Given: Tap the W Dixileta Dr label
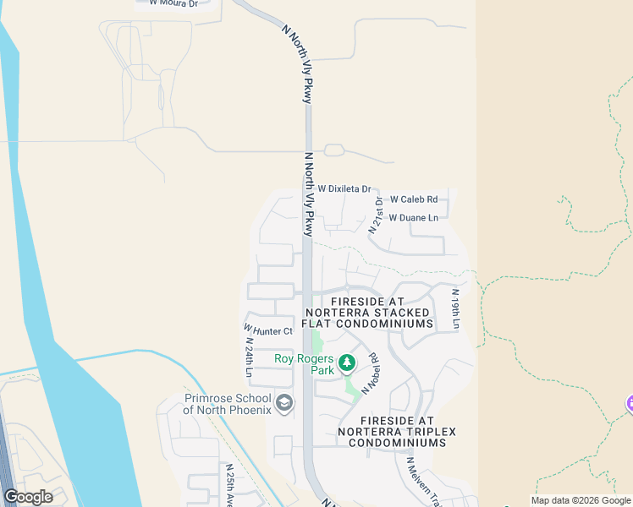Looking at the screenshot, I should click(x=344, y=189).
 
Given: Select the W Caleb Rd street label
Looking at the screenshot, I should click(x=413, y=200).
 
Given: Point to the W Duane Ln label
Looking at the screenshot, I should click(x=413, y=218).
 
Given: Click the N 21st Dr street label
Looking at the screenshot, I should click(x=377, y=215).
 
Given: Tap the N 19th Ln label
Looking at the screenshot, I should click(x=454, y=310).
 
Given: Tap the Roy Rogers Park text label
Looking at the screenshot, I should click(x=305, y=364).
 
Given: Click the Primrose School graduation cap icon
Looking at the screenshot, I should click(x=284, y=404).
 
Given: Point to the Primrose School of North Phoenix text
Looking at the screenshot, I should click(x=228, y=405).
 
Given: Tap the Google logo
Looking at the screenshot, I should click(x=29, y=497).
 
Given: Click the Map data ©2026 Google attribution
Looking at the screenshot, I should click(x=580, y=500).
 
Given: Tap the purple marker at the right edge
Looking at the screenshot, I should click(x=629, y=405).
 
